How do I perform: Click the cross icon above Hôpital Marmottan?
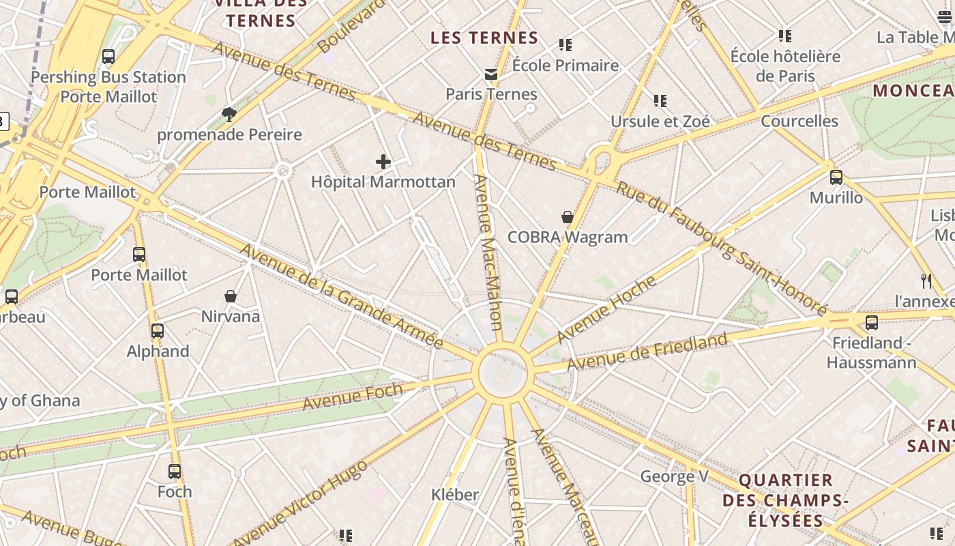tap(383, 162)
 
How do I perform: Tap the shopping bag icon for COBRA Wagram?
tap(567, 217)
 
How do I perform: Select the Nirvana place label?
tap(231, 317)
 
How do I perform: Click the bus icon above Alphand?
tap(158, 331)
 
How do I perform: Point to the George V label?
tap(674, 476)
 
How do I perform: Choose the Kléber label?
tap(455, 494)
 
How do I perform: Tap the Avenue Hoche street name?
tap(606, 309)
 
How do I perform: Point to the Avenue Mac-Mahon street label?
tap(490, 253)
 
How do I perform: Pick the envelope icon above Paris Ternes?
tap(490, 74)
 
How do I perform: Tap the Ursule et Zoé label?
tap(660, 121)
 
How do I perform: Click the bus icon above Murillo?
tap(836, 177)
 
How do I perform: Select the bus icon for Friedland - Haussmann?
tap(871, 323)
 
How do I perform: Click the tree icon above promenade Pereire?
tap(229, 114)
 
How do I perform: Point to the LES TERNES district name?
tap(484, 38)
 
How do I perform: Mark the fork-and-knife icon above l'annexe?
tap(926, 281)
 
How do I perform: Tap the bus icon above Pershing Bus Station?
tap(108, 57)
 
